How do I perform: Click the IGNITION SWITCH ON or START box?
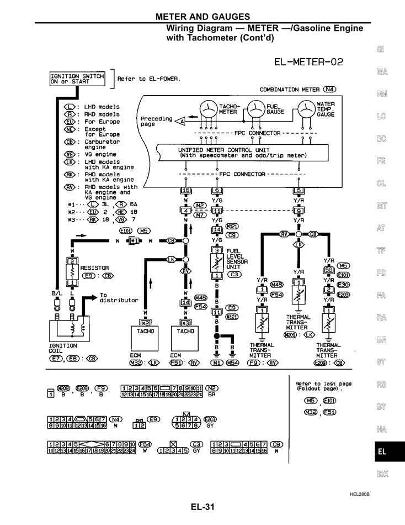click(x=77, y=78)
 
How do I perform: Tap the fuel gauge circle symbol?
click(x=255, y=109)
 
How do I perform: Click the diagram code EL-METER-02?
click(x=308, y=62)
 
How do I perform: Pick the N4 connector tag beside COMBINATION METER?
click(x=330, y=89)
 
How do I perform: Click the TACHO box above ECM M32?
click(x=145, y=331)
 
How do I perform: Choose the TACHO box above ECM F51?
click(x=185, y=331)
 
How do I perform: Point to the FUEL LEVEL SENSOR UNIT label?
click(x=237, y=258)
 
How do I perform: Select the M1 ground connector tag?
click(x=216, y=363)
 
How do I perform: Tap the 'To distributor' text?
click(x=119, y=298)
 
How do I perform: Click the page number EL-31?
click(x=202, y=506)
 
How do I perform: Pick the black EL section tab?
click(x=382, y=452)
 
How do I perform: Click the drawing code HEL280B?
click(x=359, y=494)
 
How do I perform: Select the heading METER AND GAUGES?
click(x=202, y=17)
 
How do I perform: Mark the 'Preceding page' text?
click(x=156, y=121)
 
